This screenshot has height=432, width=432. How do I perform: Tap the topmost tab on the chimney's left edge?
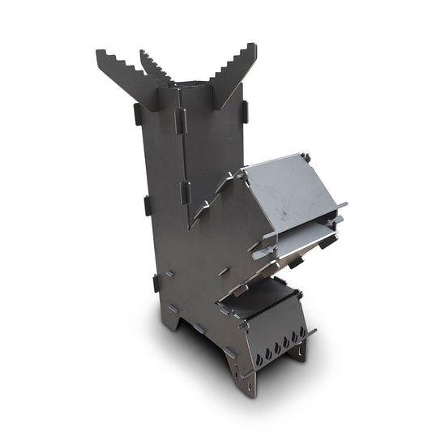(x=138, y=114)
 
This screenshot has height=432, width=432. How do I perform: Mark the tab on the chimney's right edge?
(x=244, y=110)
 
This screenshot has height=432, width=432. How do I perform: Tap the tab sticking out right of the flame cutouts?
(x=311, y=331)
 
